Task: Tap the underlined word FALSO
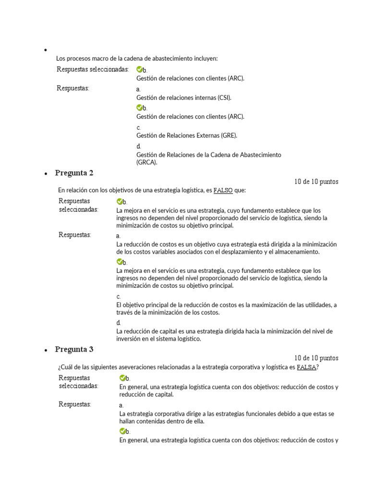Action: [223, 190]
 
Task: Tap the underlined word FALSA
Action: [307, 367]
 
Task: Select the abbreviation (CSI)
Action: [223, 98]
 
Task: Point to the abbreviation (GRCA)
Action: [147, 162]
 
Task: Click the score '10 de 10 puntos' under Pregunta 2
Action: [316, 182]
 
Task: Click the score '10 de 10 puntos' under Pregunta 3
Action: [316, 358]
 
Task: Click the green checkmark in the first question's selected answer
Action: [139, 70]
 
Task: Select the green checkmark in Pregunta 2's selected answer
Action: [119, 202]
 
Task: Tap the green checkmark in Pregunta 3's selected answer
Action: [122, 378]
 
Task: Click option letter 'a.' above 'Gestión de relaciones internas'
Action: [138, 89]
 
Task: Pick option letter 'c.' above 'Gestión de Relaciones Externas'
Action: [138, 127]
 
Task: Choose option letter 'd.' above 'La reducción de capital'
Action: [118, 323]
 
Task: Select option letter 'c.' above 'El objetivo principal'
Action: [118, 296]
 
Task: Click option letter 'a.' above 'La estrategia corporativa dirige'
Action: [121, 406]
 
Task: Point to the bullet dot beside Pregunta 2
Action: [45, 174]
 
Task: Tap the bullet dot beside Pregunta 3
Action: [45, 351]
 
